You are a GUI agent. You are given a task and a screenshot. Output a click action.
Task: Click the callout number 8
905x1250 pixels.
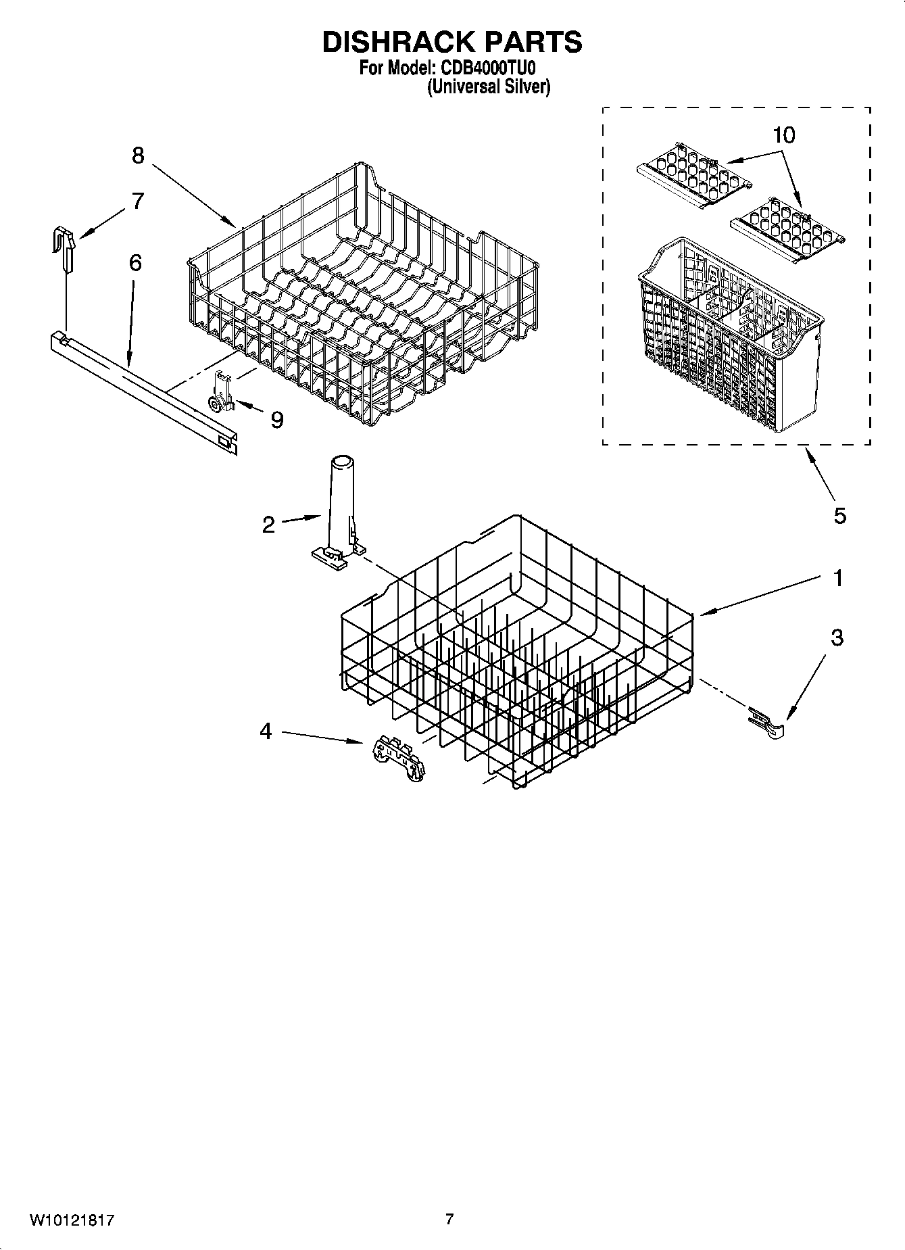pyautogui.click(x=138, y=156)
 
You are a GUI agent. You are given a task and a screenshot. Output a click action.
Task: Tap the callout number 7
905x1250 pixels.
pyautogui.click(x=138, y=201)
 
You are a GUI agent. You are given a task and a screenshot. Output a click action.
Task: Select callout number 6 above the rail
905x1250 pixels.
pyautogui.click(x=135, y=263)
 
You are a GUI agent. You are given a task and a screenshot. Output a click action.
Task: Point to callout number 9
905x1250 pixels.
pyautogui.click(x=276, y=420)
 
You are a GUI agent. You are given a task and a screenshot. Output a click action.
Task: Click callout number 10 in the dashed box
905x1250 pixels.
pyautogui.click(x=783, y=135)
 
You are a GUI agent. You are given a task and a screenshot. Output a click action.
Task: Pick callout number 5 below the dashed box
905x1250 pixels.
pyautogui.click(x=839, y=516)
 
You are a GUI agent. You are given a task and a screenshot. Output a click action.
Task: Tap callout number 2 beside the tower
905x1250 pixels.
pyautogui.click(x=268, y=525)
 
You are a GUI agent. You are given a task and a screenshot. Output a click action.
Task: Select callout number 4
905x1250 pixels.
pyautogui.click(x=266, y=731)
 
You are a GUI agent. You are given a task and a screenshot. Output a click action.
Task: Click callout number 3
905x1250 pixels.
pyautogui.click(x=837, y=638)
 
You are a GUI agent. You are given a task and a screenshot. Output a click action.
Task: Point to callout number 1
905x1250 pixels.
pyautogui.click(x=838, y=579)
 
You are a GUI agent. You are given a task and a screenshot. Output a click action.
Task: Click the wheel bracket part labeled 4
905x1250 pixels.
pyautogui.click(x=399, y=760)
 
